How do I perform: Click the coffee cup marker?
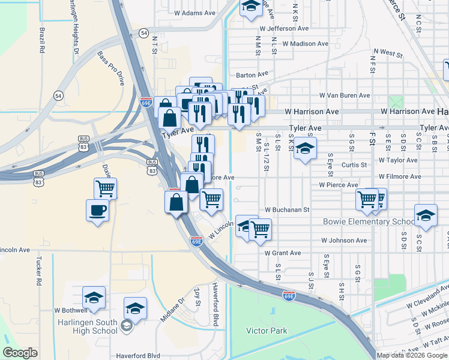[97, 211]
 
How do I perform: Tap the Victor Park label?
[267, 331]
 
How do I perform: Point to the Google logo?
[20, 353]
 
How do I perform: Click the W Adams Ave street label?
[194, 13]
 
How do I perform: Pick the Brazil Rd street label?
[43, 41]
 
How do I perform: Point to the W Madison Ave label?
[306, 44]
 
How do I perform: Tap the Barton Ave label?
[252, 75]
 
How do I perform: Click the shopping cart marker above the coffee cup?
[106, 188]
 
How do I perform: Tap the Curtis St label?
[355, 165]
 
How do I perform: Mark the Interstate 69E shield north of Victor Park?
[289, 296]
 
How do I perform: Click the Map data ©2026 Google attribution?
[412, 355]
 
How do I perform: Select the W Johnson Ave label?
[344, 241]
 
